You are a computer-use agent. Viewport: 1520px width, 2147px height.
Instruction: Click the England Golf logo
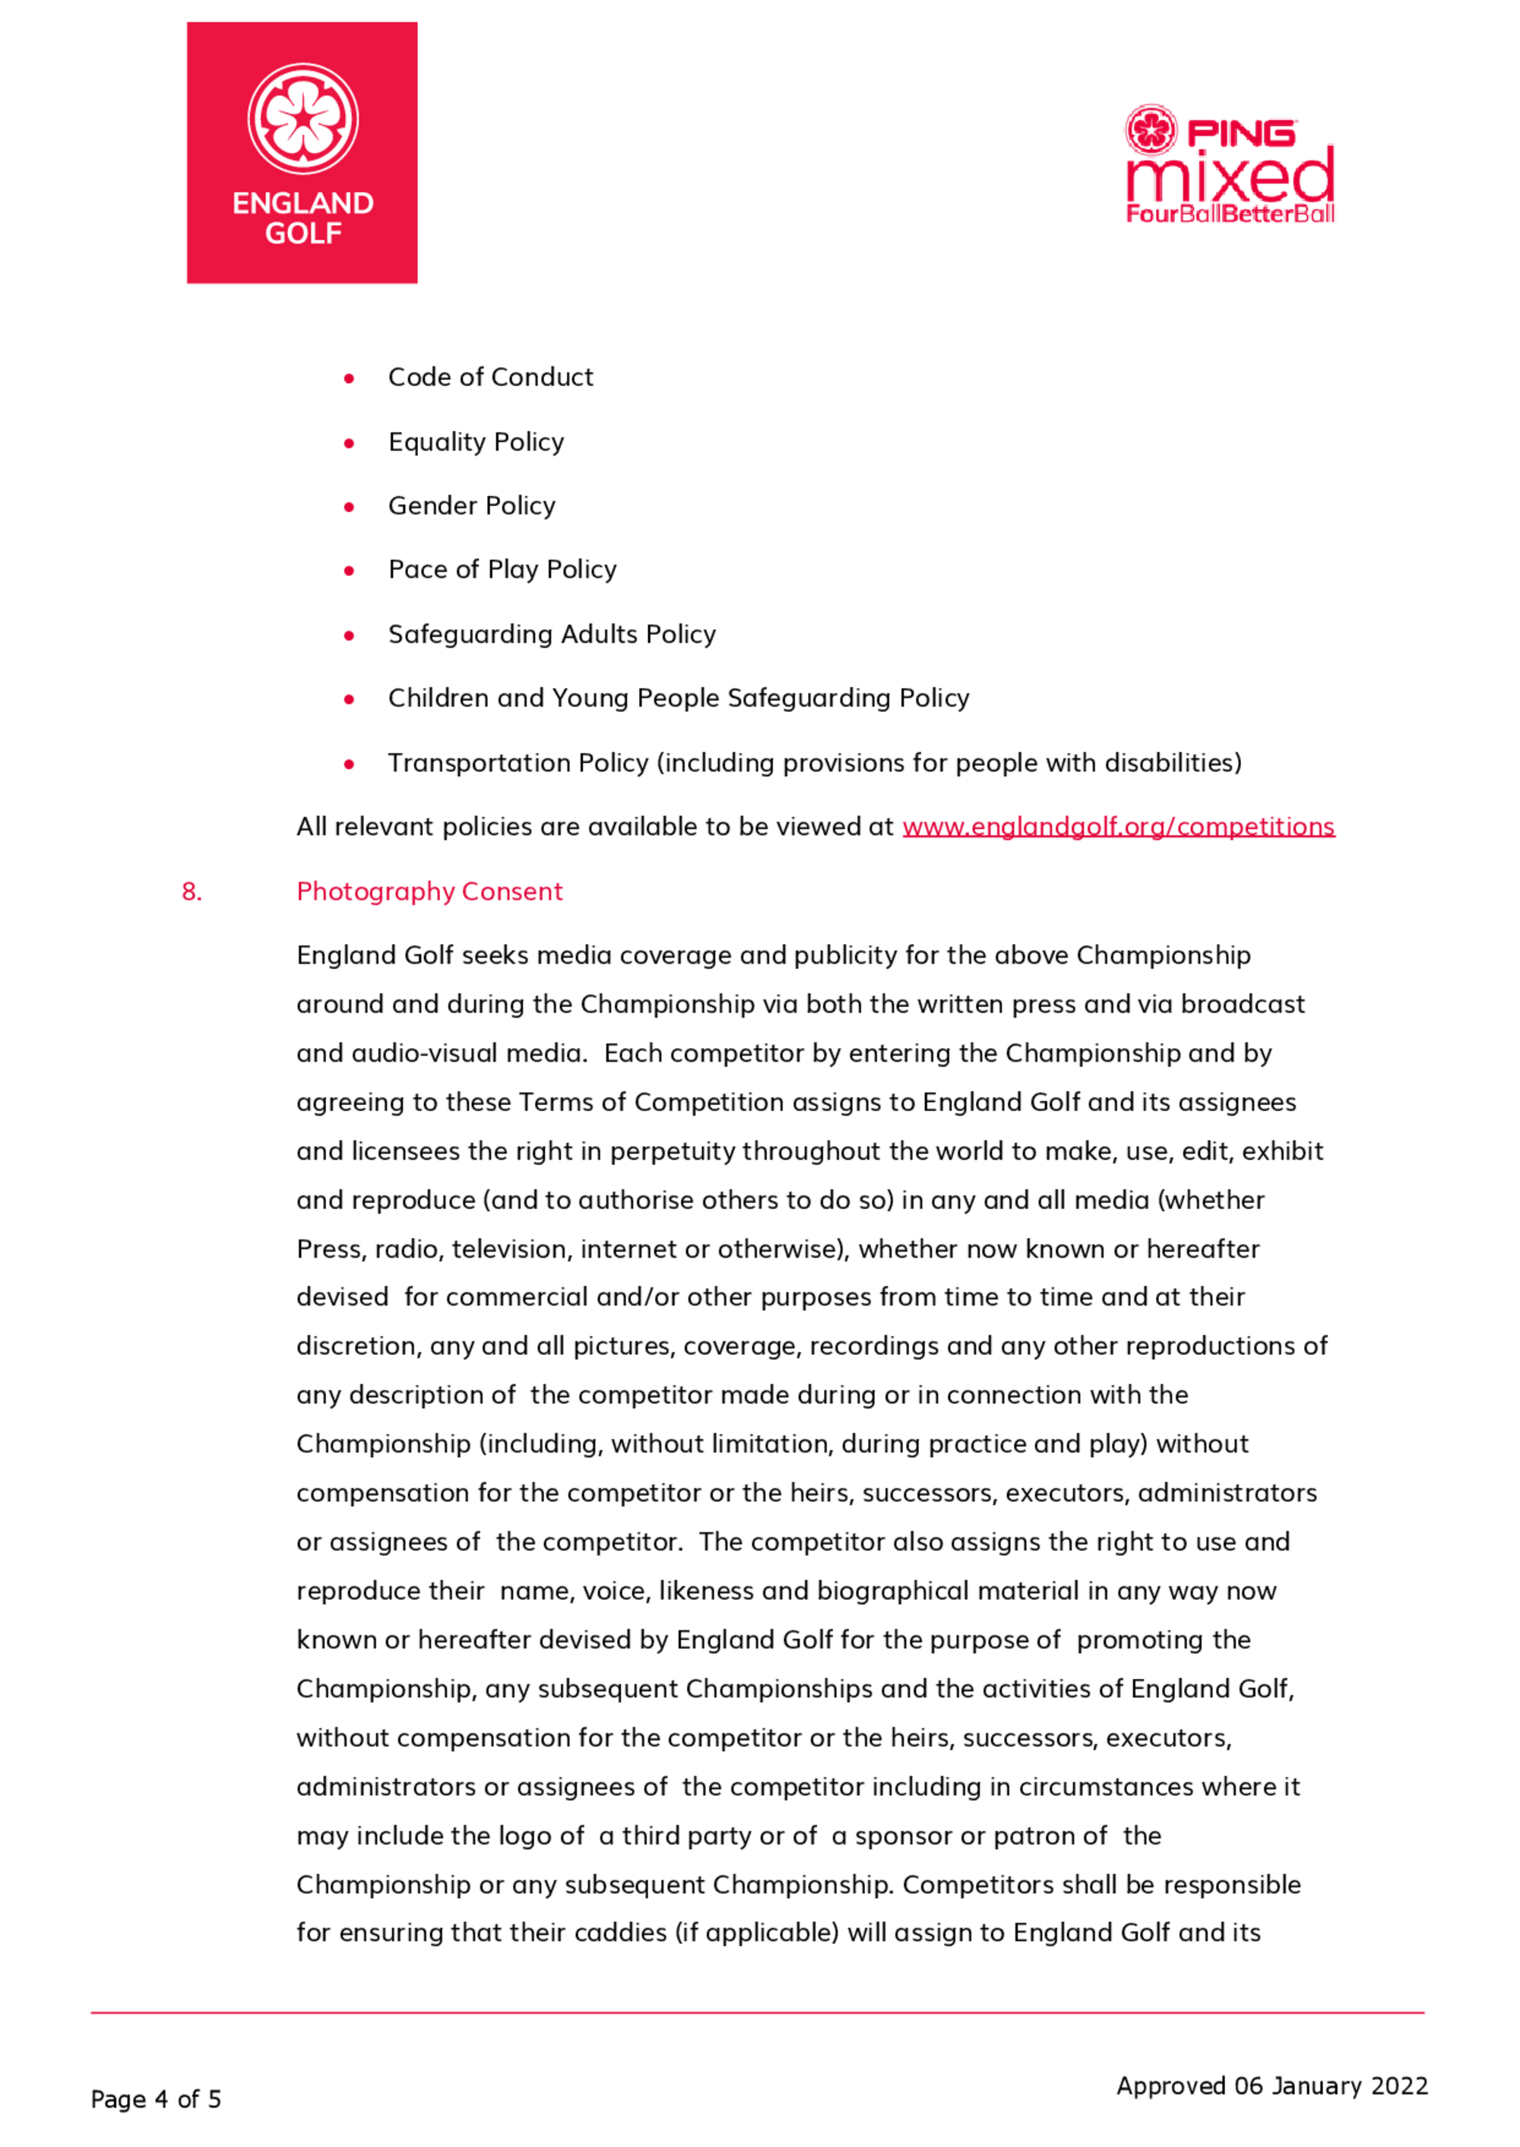click(302, 153)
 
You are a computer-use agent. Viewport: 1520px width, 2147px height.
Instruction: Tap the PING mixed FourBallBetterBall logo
click(1229, 165)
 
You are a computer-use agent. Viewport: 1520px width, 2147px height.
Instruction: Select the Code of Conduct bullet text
click(490, 377)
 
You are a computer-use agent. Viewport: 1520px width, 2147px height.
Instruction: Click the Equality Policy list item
click(476, 442)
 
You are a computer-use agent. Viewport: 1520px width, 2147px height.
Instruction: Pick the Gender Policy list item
click(472, 505)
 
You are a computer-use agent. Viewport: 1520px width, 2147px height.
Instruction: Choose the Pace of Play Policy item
click(502, 569)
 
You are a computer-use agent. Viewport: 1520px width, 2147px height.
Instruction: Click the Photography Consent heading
click(429, 891)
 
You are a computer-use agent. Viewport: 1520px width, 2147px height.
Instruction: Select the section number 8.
click(191, 891)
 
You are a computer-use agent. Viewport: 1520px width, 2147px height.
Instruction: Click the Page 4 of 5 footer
click(155, 2099)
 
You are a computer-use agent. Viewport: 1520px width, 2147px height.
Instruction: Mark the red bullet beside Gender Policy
click(349, 507)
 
